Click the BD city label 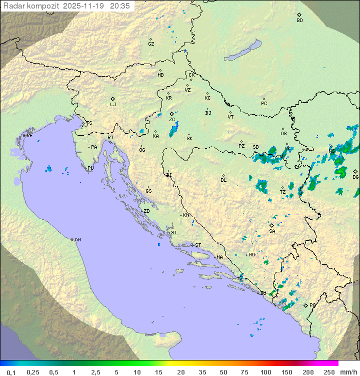pyautogui.click(x=299, y=21)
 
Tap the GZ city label pyautogui.click(x=151, y=44)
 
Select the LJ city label pyautogui.click(x=113, y=105)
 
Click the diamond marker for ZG pyautogui.click(x=171, y=114)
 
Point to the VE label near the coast pyautogui.click(x=29, y=136)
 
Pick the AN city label pyautogui.click(x=77, y=240)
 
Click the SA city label pyautogui.click(x=272, y=231)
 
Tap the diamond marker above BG pyautogui.click(x=355, y=171)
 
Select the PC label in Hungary pyautogui.click(x=264, y=104)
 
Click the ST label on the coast pyautogui.click(x=198, y=245)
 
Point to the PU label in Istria pyautogui.click(x=90, y=168)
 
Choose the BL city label pyautogui.click(x=223, y=180)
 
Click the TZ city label pyautogui.click(x=282, y=192)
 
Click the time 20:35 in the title pyautogui.click(x=119, y=6)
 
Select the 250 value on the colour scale pyautogui.click(x=329, y=372)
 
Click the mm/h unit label pyautogui.click(x=348, y=372)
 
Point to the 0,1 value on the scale pyautogui.click(x=11, y=372)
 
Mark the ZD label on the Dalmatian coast pyautogui.click(x=146, y=211)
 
